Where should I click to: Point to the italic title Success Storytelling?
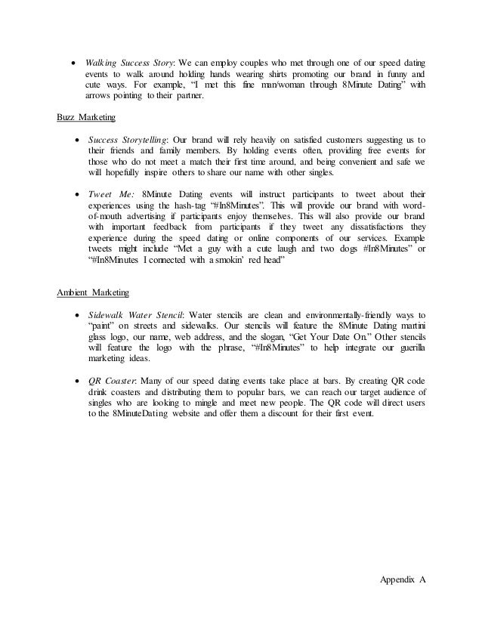click(x=125, y=139)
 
